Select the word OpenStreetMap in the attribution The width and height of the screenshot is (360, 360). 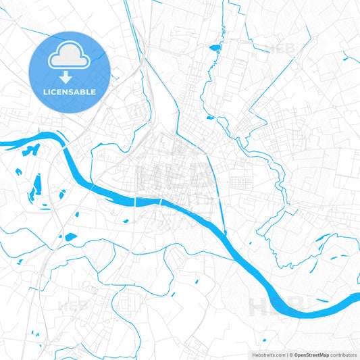[x=311, y=354]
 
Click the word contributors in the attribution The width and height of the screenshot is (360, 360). [x=344, y=354]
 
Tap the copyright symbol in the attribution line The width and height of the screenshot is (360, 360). [x=290, y=354]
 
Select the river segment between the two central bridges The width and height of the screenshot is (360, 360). [x=148, y=201]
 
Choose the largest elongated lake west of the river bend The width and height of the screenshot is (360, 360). [x=38, y=183]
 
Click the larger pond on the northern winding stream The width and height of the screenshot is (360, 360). [x=215, y=48]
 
